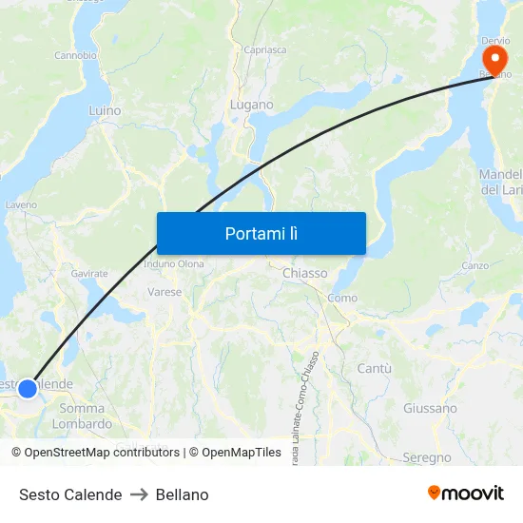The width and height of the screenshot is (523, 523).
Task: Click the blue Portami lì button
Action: [x=261, y=233]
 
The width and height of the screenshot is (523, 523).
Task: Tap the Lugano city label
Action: [x=251, y=105]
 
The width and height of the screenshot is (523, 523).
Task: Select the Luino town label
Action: [x=105, y=110]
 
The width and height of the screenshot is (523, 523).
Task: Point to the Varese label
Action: [x=165, y=292]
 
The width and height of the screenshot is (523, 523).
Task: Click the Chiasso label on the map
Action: [x=305, y=273]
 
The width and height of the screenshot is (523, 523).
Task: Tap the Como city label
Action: [x=342, y=298]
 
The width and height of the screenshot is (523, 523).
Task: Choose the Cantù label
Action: [x=375, y=367]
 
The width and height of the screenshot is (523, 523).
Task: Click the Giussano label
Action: [x=430, y=408]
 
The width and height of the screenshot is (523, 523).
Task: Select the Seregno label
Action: [x=427, y=457]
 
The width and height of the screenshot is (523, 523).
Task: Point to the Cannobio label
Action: [x=75, y=55]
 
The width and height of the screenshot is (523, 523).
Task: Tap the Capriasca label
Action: [x=265, y=49]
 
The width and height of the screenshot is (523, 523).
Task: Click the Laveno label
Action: [x=21, y=204]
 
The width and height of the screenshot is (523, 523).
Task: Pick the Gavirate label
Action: [x=89, y=273]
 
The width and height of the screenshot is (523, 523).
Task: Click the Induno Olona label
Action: [x=174, y=263]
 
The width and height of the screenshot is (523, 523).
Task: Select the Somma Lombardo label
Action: [x=82, y=416]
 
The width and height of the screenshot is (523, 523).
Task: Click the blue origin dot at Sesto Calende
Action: [x=28, y=388]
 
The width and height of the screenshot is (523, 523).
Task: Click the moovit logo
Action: [x=466, y=493]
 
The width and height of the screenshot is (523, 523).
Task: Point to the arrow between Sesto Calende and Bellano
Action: [x=139, y=494]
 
